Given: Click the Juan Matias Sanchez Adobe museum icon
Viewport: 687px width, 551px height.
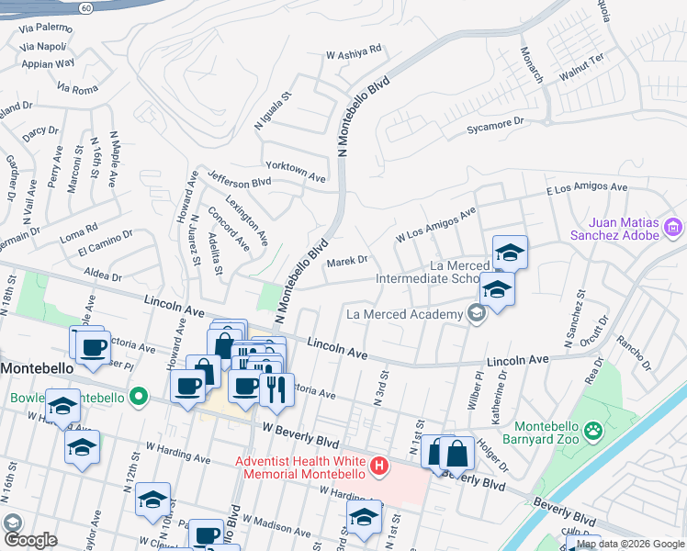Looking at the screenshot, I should click(x=673, y=227).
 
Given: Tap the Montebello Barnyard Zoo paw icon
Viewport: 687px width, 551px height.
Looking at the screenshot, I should click(x=595, y=429).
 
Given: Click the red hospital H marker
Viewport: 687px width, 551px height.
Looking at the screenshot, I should click(x=377, y=467).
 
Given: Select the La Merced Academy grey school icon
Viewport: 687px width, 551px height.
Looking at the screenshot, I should click(x=476, y=315).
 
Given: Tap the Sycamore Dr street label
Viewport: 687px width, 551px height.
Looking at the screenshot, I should click(x=494, y=121).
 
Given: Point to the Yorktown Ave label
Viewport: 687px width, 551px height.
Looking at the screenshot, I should click(x=296, y=172).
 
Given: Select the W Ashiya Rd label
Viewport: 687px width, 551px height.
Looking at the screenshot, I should click(x=354, y=54).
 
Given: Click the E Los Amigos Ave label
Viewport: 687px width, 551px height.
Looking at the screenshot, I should click(x=586, y=188).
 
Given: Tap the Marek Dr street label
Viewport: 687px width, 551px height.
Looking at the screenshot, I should click(x=347, y=262).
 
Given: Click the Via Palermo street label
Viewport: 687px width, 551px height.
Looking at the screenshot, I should click(x=46, y=28).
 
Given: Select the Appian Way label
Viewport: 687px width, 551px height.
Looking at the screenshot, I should click(x=47, y=63).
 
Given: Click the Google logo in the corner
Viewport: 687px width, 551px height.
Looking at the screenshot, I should click(x=29, y=539).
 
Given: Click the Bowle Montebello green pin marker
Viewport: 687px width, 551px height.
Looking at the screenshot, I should click(x=139, y=398).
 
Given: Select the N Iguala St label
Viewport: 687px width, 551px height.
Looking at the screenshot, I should click(x=273, y=110).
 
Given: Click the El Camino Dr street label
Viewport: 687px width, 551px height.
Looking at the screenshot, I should click(x=105, y=246).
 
